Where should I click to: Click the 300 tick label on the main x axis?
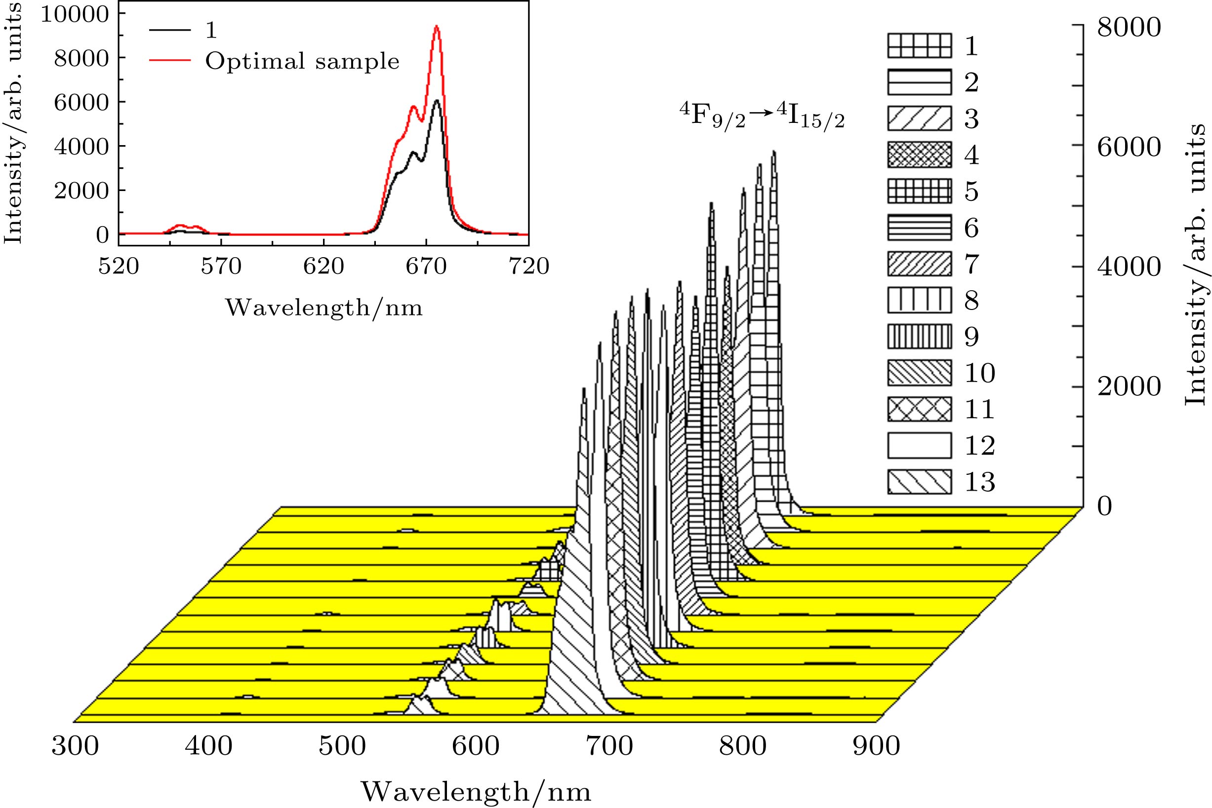(x=75, y=746)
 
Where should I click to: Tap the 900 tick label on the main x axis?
(x=876, y=746)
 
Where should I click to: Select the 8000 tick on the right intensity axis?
(x=1129, y=27)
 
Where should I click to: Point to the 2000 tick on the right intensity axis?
(x=1129, y=386)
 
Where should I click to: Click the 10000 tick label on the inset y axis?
(x=75, y=14)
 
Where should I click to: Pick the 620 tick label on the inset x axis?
(x=323, y=267)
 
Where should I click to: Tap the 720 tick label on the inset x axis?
(x=528, y=267)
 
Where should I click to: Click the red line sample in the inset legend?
(x=169, y=61)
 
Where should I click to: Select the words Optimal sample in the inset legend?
(x=302, y=61)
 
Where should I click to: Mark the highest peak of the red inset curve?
(x=436, y=26)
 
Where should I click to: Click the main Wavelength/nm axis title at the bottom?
(x=475, y=792)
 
